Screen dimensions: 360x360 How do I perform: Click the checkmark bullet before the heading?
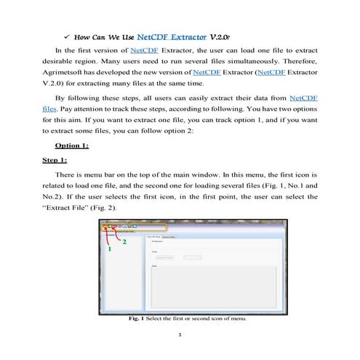point(67,34)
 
